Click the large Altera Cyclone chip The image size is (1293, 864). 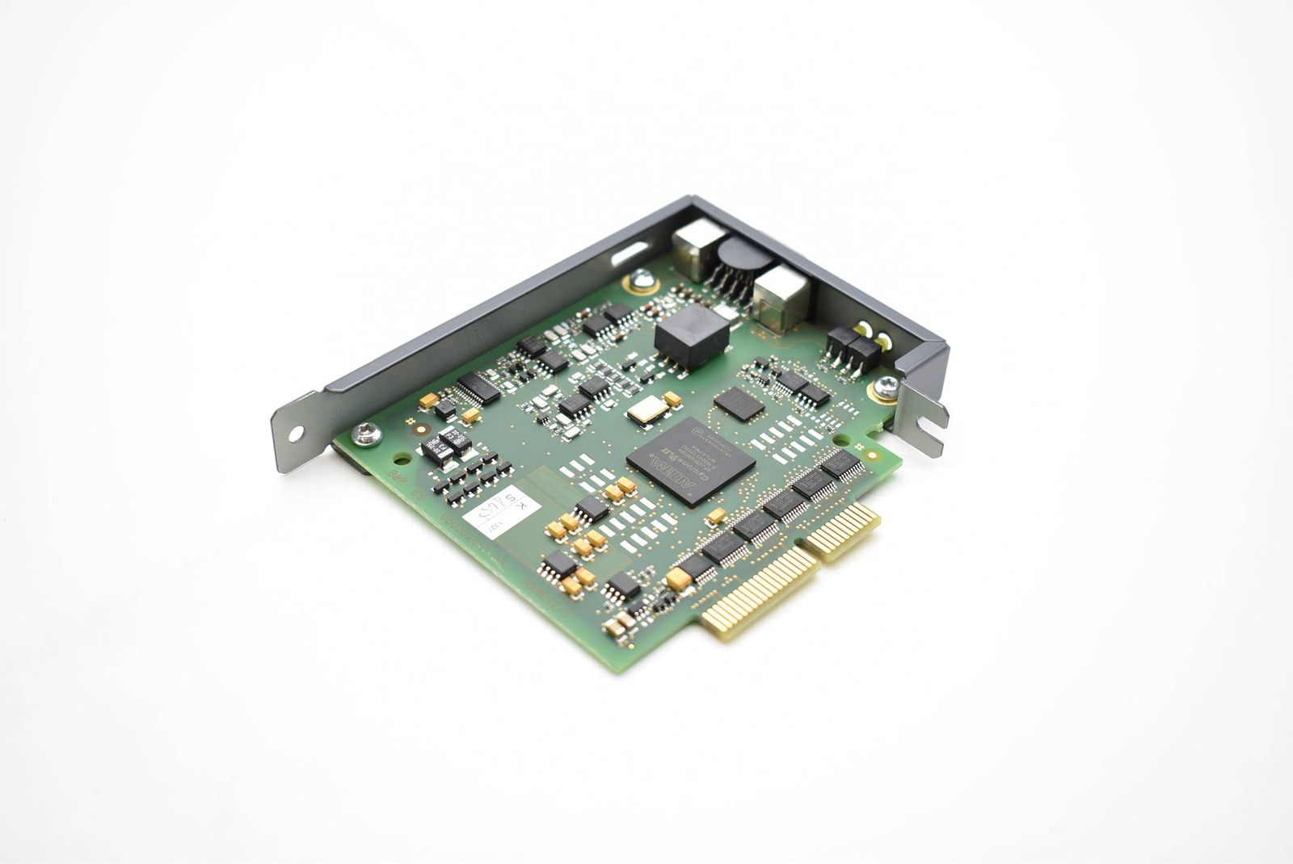pos(691,461)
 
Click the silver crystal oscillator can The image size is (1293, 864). pos(647,412)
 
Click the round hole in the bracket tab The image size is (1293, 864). pos(293,434)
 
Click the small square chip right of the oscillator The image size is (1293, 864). pos(738,403)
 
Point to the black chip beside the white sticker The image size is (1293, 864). pos(592,508)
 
